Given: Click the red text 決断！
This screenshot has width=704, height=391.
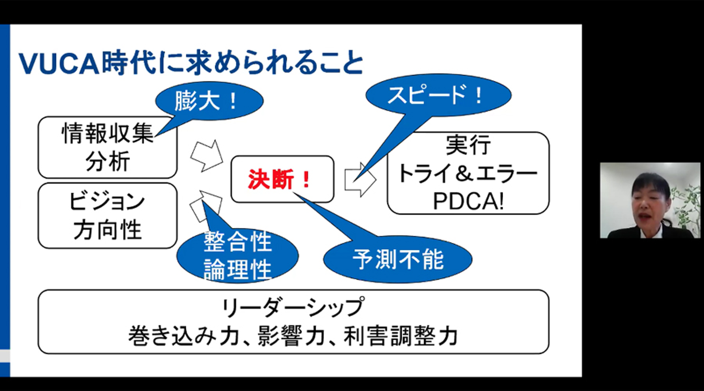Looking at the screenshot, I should pos(280,179).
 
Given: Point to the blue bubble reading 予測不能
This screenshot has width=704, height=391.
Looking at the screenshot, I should pos(398,260).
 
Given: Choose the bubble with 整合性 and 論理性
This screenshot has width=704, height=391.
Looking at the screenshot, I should pos(238,256).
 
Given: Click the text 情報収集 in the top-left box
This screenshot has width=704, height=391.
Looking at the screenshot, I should pos(108,133).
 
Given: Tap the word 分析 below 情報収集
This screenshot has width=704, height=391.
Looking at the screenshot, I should pos(108,161).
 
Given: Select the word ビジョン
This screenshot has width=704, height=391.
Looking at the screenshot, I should pos(108,201).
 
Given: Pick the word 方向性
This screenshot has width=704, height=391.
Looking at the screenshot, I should pos(108,229).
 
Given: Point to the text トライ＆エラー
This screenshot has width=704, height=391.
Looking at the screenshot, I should pos(468,174).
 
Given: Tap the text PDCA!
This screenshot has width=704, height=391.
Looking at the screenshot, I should pos(468,201).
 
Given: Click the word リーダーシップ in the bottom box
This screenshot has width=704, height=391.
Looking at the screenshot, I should pos(293,308).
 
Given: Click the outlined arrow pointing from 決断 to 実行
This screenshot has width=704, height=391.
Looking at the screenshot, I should pos(360,179).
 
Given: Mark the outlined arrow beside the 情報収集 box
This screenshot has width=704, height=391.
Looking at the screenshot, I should pos(206,155).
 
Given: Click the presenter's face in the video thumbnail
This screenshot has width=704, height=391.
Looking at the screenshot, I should pos(649,203).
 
